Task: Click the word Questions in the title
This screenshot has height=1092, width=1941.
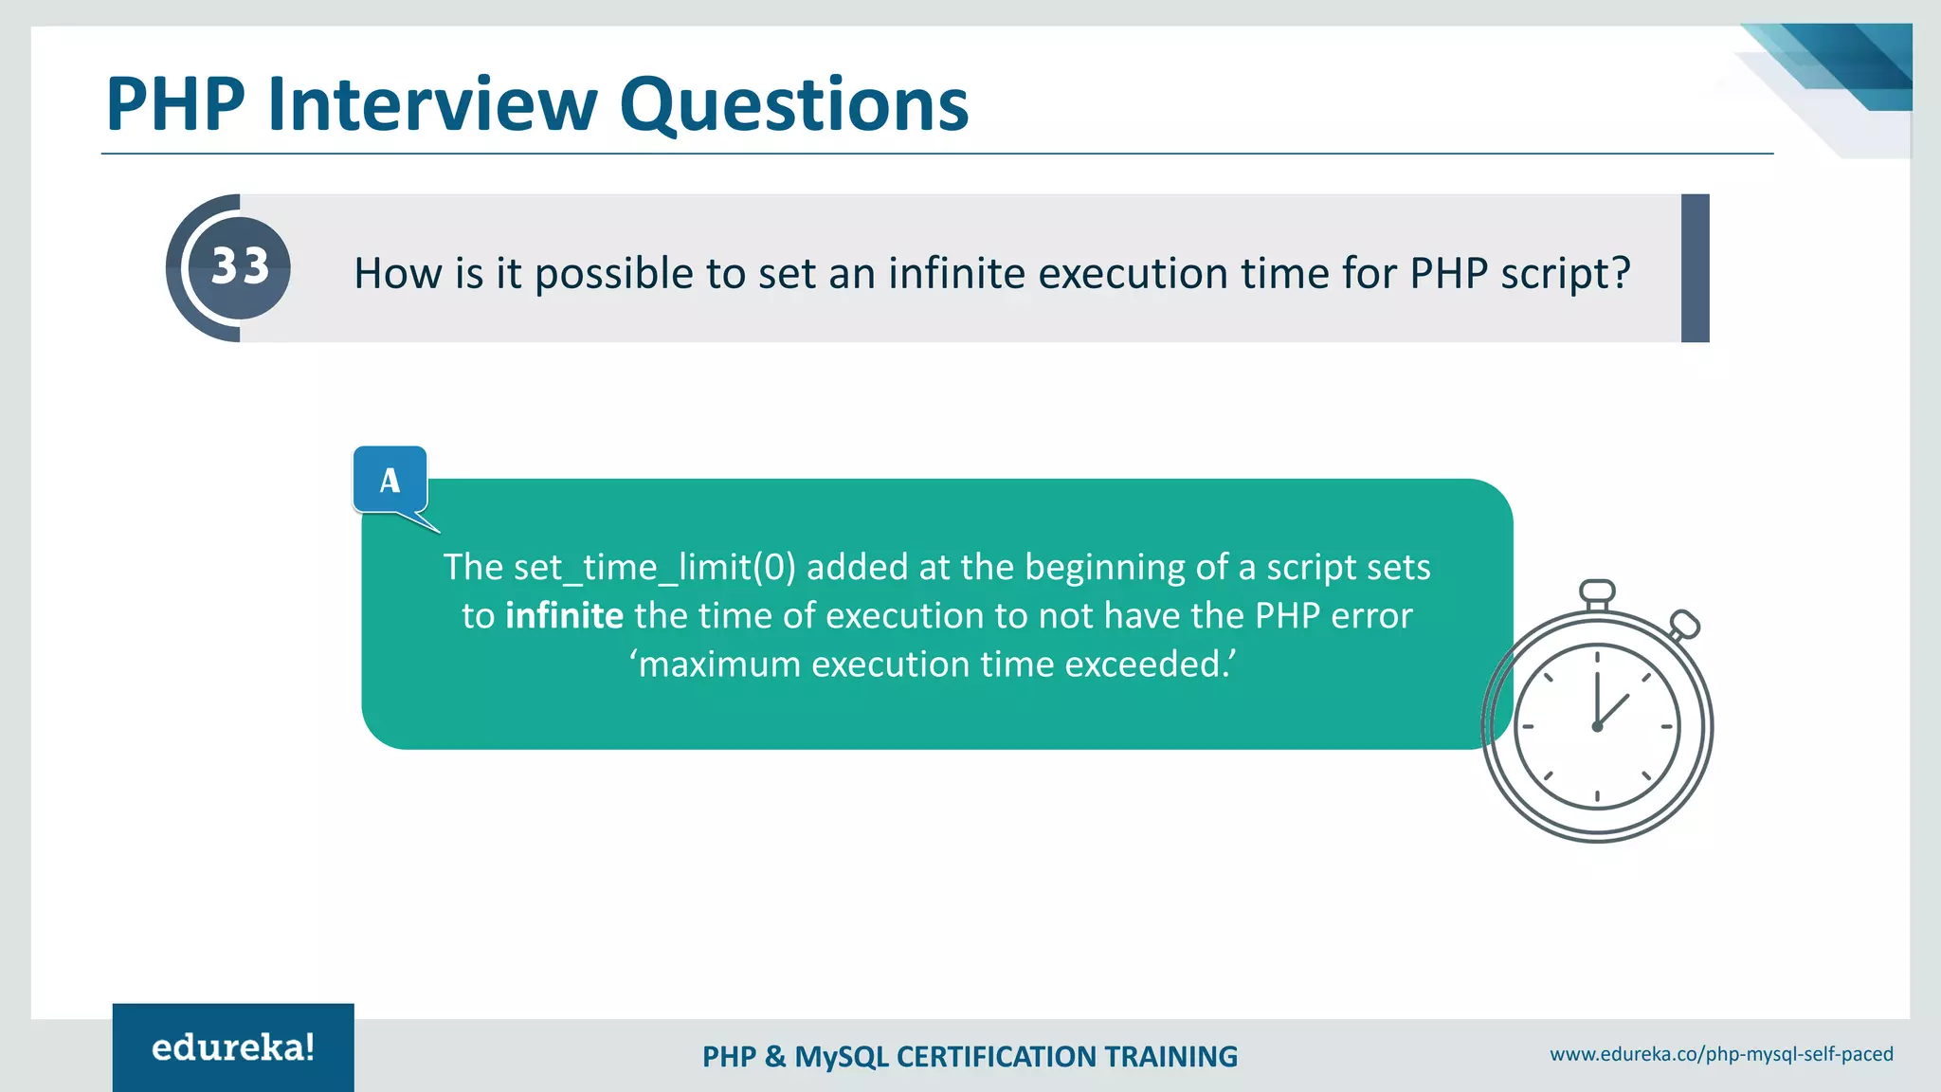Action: (x=794, y=104)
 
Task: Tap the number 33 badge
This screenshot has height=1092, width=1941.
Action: (x=239, y=266)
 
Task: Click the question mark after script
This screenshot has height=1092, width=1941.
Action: (x=1621, y=273)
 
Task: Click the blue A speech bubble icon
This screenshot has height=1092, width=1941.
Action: (x=390, y=481)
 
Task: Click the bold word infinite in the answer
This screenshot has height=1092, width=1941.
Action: (x=564, y=616)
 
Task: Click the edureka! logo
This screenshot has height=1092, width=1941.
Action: (x=233, y=1047)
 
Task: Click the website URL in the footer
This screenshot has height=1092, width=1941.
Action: (x=1721, y=1054)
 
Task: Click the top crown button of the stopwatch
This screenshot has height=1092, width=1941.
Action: (x=1597, y=592)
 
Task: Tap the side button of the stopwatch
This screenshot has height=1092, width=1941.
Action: (x=1684, y=625)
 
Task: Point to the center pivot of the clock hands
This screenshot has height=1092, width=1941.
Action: (x=1597, y=727)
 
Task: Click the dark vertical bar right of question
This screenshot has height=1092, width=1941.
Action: (x=1695, y=268)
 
